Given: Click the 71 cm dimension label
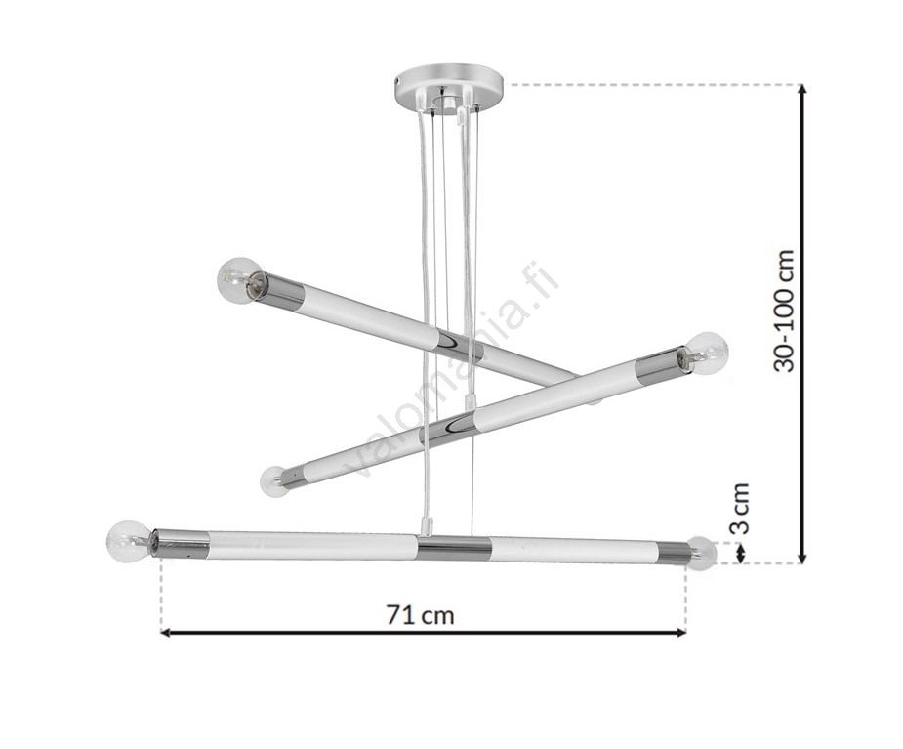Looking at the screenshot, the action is point(420,615).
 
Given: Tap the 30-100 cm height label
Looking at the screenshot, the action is point(784,312).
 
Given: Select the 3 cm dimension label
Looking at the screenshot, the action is point(739,509).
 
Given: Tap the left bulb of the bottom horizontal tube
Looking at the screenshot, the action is point(130,542).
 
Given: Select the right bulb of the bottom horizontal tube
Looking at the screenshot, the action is point(702,554).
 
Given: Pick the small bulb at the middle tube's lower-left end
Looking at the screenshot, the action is point(273,481).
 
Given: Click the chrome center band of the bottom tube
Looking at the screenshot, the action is point(453,548).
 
